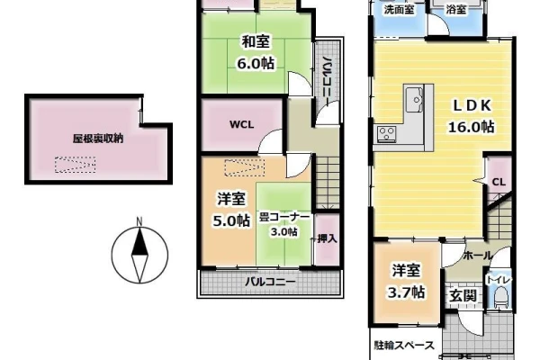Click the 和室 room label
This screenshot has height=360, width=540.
tap(256, 42)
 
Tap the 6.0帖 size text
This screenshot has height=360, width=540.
tap(256, 63)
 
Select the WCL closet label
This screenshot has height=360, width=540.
tap(242, 124)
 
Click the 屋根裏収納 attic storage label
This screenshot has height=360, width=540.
tap(98, 139)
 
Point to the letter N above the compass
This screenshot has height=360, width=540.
tap(139, 221)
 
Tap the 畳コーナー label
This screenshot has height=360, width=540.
tap(284, 218)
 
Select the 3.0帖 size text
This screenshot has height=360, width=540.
tap(284, 232)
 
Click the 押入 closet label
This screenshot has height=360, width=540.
tap(328, 238)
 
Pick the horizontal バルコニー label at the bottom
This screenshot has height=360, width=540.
tap(270, 282)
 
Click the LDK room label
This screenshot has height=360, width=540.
tap(471, 106)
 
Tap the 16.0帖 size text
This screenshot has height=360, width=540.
tap(471, 127)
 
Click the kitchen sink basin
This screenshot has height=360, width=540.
tap(414, 100)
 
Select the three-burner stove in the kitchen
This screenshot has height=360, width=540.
tap(387, 134)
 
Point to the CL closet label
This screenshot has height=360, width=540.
tap(499, 182)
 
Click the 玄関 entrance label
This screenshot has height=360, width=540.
tap(463, 295)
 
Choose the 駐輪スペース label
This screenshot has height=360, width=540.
tap(404, 345)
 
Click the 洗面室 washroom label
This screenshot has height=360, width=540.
tap(399, 10)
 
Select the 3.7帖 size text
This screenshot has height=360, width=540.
tap(406, 292)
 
